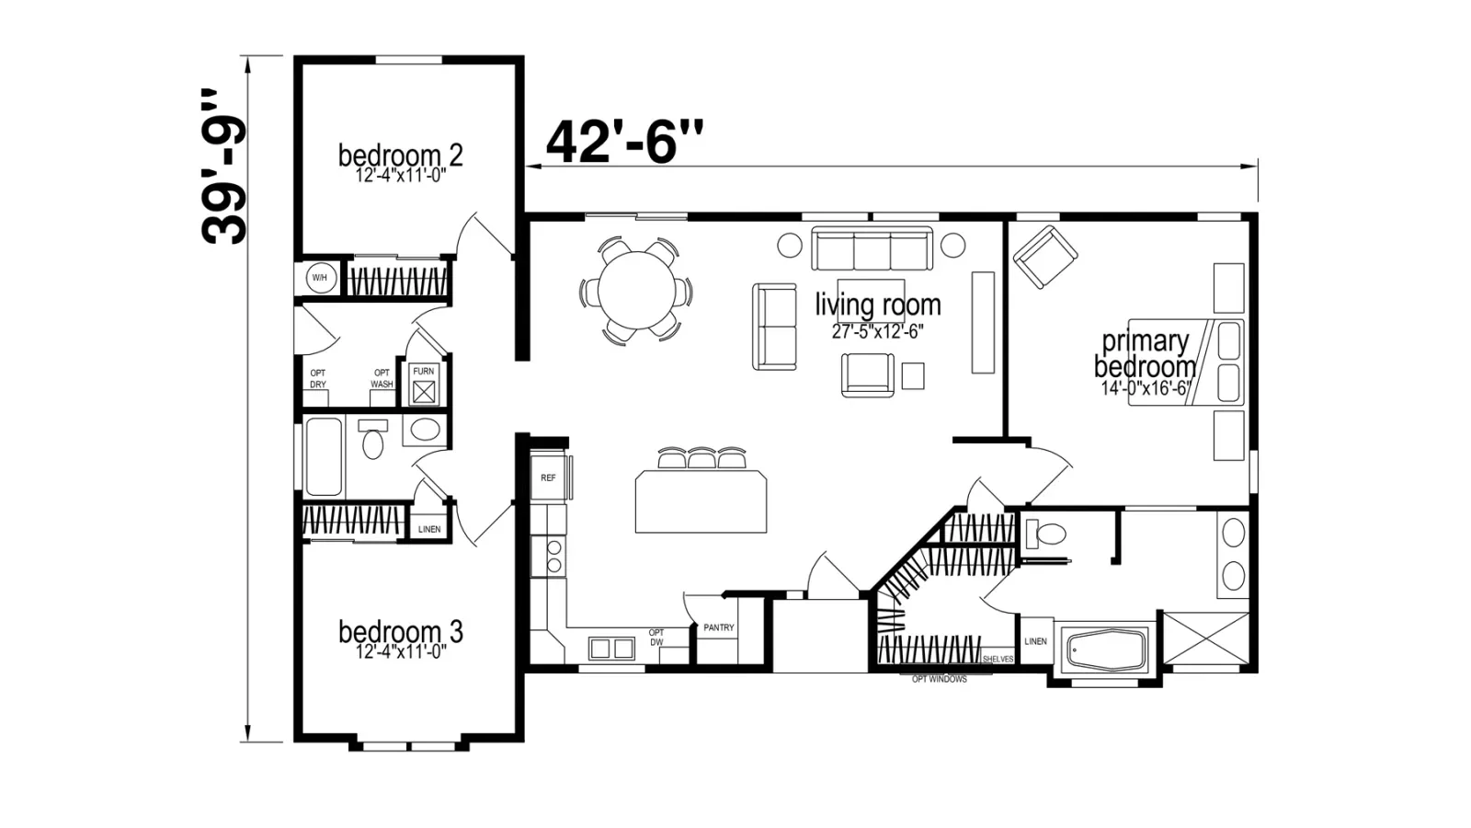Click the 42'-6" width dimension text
[624, 142]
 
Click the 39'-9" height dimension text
[224, 167]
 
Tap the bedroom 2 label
[401, 155]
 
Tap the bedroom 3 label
[401, 631]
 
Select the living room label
[878, 305]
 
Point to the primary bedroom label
[1145, 354]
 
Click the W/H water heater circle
[319, 278]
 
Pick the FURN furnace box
[424, 385]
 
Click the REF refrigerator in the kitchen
[548, 477]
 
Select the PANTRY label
[718, 627]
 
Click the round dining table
[637, 290]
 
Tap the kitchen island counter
[701, 500]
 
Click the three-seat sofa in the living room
[872, 248]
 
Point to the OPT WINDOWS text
[939, 680]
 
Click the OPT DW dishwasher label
[656, 638]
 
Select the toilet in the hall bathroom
[372, 438]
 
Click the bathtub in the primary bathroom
[1108, 650]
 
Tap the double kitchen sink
[611, 649]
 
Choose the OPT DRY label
[318, 378]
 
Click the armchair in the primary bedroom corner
[1044, 257]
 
